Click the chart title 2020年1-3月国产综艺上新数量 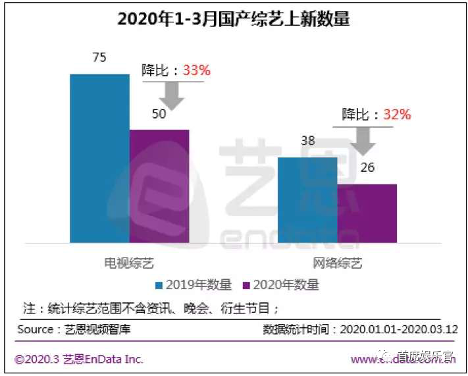(234, 19)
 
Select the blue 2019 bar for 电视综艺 (100, 158)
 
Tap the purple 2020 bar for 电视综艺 (159, 186)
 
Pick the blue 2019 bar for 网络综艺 (307, 200)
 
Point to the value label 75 (99, 58)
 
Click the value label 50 (159, 114)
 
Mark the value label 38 (307, 141)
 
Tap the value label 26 (367, 168)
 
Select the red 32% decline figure (397, 115)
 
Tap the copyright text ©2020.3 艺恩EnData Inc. (80, 360)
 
